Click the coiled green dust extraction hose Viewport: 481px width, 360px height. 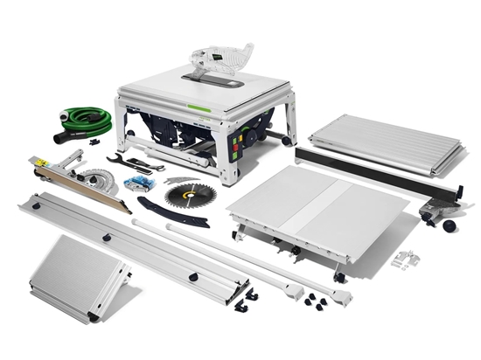pyautogui.click(x=92, y=119)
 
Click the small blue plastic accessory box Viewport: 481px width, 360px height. pyautogui.click(x=137, y=183)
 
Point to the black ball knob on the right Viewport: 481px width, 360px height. pyautogui.click(x=450, y=226)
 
